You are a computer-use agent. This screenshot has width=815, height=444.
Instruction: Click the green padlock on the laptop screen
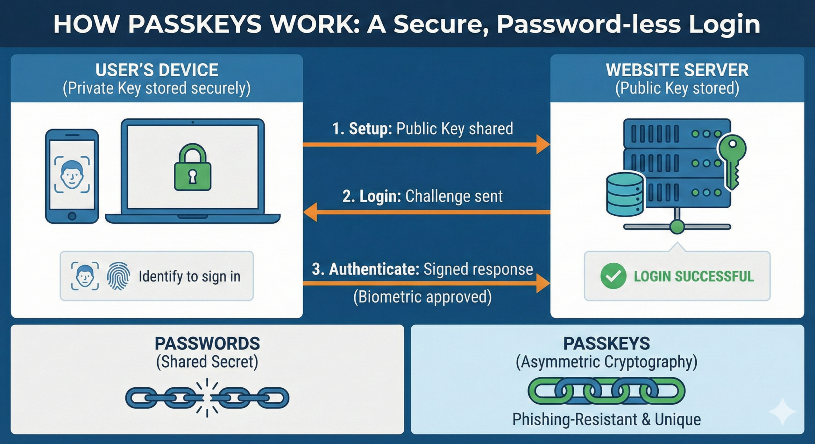193,168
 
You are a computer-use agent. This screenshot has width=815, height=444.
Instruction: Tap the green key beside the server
732,161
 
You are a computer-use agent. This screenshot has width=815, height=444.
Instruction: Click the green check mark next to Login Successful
613,276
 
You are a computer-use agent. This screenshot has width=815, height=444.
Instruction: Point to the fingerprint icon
118,276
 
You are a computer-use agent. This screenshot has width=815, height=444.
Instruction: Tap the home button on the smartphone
72,216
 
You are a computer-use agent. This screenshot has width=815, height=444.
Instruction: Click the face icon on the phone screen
72,174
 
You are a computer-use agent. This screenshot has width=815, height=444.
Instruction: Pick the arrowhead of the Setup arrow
543,144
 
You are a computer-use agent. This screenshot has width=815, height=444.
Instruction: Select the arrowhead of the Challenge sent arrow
310,212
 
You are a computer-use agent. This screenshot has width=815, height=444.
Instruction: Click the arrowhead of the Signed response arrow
543,283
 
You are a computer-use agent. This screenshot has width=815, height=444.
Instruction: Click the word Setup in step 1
371,129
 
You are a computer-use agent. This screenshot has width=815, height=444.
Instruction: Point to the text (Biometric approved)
422,297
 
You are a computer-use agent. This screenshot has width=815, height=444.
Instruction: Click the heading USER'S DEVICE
157,70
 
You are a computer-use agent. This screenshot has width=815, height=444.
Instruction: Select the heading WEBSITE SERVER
677,70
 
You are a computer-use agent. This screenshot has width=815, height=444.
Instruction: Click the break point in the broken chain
207,398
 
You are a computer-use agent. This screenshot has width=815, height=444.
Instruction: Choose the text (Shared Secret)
207,362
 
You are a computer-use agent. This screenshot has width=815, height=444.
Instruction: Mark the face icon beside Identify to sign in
85,276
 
